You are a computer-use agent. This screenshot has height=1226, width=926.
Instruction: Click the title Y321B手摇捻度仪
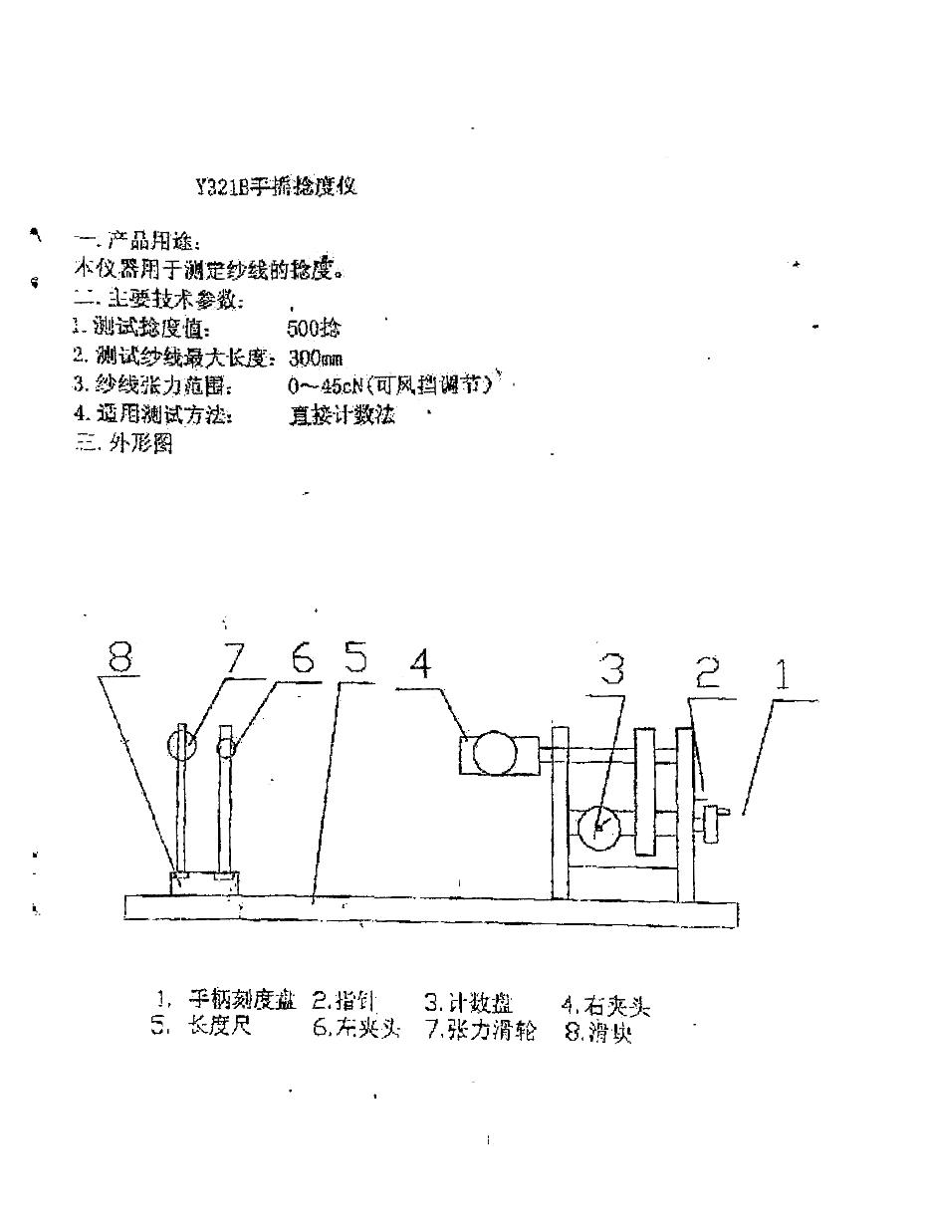pyautogui.click(x=276, y=187)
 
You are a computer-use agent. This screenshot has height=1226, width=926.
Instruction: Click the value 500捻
pyautogui.click(x=314, y=329)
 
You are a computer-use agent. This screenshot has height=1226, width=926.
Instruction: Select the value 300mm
pyautogui.click(x=316, y=358)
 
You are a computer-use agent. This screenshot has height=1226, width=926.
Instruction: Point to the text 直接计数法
pyautogui.click(x=342, y=415)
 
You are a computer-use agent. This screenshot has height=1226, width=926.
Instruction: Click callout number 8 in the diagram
pyautogui.click(x=120, y=658)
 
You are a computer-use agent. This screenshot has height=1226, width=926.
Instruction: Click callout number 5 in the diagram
pyautogui.click(x=354, y=659)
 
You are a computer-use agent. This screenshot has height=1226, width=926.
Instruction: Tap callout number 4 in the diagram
pyautogui.click(x=421, y=663)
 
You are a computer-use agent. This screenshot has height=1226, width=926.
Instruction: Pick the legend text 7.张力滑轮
pyautogui.click(x=481, y=1031)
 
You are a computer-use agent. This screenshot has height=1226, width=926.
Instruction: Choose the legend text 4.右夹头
pyautogui.click(x=605, y=1006)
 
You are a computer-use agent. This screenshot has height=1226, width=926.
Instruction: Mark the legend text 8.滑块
pyautogui.click(x=598, y=1033)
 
